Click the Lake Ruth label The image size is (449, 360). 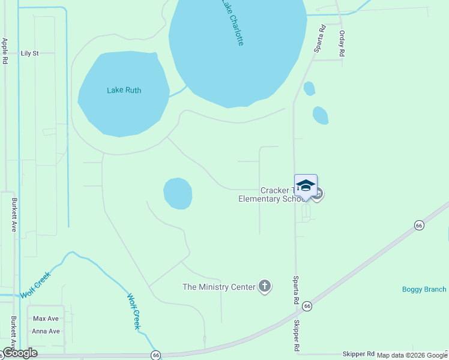[x=128, y=90]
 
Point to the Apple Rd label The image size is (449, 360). [x=5, y=51]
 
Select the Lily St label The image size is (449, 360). [x=29, y=53]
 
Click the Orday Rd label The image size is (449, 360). [x=342, y=44]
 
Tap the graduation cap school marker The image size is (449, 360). [x=306, y=185]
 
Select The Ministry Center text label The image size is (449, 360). [x=219, y=287]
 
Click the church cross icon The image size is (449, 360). [x=264, y=286]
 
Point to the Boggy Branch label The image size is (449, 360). [x=424, y=290]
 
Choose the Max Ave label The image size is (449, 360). [x=46, y=319]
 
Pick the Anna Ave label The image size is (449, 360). [x=46, y=331]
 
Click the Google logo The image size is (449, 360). [x=20, y=353]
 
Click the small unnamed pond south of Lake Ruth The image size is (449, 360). [x=178, y=194]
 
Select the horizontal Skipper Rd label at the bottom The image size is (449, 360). [x=358, y=354]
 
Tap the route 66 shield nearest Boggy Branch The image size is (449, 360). [x=418, y=225]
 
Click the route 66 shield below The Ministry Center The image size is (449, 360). [x=307, y=306]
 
